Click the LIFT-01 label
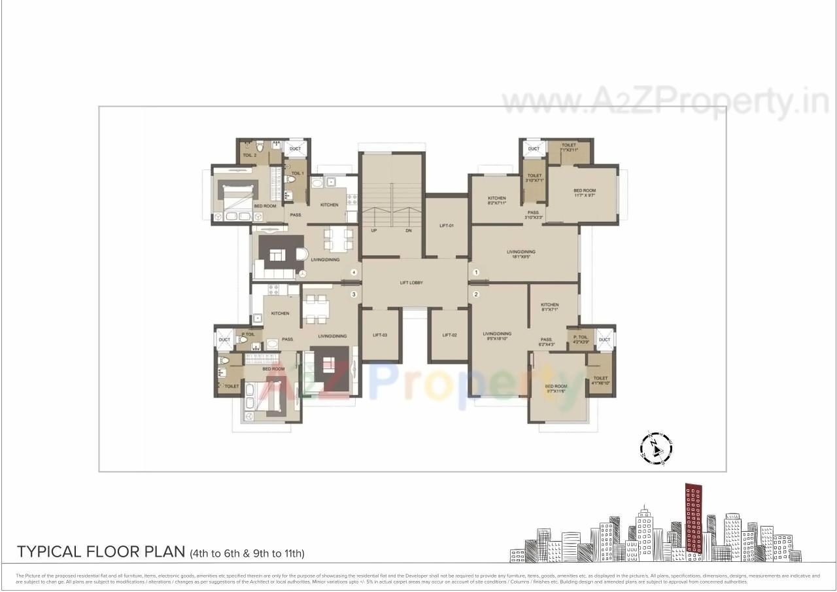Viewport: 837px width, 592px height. [447, 226]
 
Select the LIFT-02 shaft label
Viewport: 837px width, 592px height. [449, 335]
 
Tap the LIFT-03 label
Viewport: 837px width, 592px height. [380, 335]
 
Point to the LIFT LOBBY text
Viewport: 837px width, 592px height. [411, 283]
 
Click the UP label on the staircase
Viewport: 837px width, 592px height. [374, 231]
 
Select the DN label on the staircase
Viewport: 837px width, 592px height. [408, 231]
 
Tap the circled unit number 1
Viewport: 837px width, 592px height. [476, 272]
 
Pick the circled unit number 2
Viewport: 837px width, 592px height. [476, 294]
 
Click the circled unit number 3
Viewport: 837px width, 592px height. [353, 294]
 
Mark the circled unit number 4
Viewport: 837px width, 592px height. [353, 272]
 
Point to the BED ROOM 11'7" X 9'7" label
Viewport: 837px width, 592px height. [584, 193]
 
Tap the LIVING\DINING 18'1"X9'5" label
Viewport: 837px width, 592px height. [521, 254]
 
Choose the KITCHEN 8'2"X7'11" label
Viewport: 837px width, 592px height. [496, 200]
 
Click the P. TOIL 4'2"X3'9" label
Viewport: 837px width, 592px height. [581, 339]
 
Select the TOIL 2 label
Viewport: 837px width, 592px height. [249, 156]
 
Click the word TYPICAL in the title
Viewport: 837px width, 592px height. [50, 551]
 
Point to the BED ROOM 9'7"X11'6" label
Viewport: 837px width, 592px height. [556, 389]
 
